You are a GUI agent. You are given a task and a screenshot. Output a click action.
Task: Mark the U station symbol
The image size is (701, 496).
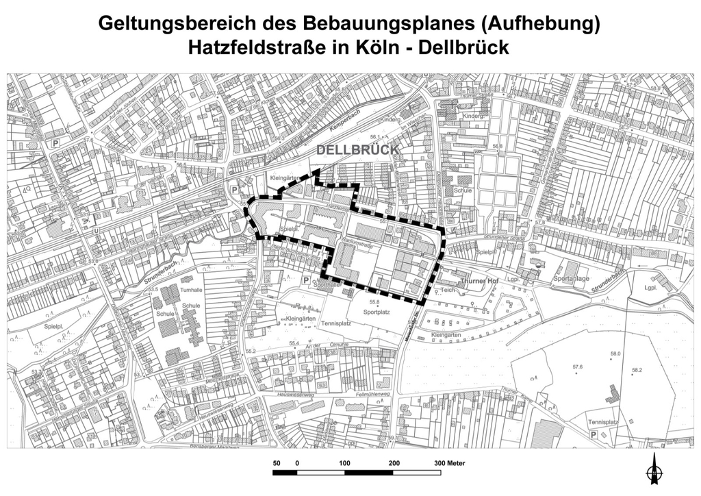tap(97, 230)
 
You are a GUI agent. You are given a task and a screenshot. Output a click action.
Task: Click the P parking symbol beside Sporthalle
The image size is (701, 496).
tap(305, 280)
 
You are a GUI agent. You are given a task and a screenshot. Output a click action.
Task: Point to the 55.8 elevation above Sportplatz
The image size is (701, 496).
tap(374, 302)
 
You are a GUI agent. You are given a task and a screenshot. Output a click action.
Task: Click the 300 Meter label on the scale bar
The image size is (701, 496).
tap(449, 463)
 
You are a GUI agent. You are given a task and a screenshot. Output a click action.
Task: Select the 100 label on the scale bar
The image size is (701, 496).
tap(344, 463)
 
